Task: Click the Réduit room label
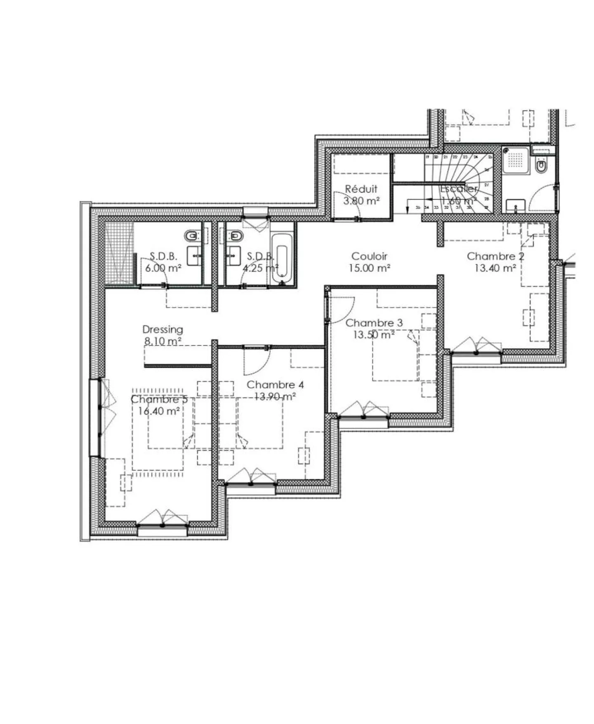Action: point(361,189)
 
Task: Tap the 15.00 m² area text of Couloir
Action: point(369,268)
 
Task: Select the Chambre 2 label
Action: point(495,256)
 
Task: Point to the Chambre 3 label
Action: point(374,323)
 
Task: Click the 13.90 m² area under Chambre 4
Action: point(275,396)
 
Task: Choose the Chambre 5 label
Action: point(159,399)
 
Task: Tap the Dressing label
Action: point(163,329)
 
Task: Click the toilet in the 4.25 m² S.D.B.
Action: point(236,236)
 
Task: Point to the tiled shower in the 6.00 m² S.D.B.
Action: point(119,252)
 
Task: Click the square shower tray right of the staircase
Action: point(516,160)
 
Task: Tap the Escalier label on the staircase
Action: point(459,189)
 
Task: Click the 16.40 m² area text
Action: point(159,411)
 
